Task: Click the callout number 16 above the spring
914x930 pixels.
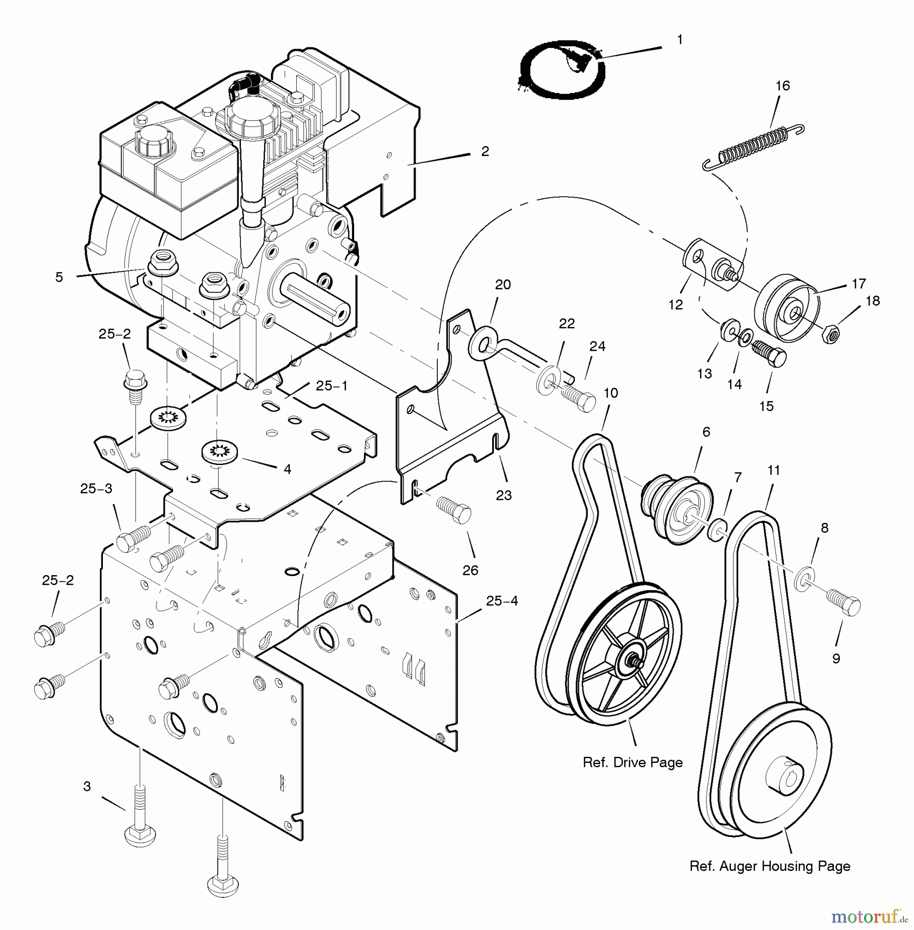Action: [783, 86]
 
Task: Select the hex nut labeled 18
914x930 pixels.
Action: [831, 335]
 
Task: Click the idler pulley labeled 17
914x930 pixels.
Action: [786, 308]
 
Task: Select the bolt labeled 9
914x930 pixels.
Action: [844, 602]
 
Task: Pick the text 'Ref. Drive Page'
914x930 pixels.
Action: [632, 763]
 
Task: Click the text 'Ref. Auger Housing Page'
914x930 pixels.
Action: [769, 866]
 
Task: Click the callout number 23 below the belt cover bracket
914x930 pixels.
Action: [504, 495]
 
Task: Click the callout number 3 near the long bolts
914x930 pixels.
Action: [87, 786]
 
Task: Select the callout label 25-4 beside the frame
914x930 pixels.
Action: [501, 601]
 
